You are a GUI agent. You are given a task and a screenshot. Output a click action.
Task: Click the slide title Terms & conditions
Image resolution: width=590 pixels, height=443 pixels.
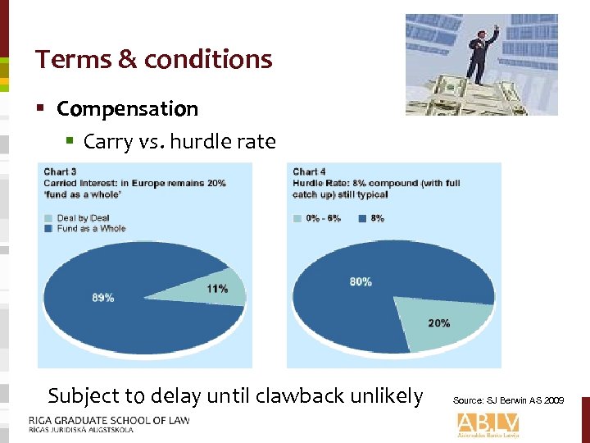153,59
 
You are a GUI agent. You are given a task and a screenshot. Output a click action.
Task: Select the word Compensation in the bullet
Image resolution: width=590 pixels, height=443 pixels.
127,109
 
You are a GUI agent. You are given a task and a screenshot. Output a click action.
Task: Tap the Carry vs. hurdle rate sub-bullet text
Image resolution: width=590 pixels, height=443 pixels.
179,142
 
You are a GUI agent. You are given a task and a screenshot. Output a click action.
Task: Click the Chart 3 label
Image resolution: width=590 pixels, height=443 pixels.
60,171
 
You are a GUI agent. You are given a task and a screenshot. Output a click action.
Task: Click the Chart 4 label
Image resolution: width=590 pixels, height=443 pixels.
309,171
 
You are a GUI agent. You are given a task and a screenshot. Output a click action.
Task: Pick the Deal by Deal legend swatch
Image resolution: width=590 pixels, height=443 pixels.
50,217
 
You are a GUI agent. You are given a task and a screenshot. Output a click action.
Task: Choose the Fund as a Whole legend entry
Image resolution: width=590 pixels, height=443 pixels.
91,228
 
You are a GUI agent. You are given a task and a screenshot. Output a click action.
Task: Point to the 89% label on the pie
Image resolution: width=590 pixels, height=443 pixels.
102,298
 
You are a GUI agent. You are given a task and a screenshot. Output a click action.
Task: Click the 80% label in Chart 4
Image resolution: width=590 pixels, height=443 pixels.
361,281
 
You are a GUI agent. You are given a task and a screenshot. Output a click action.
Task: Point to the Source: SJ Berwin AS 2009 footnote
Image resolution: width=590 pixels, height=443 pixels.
508,400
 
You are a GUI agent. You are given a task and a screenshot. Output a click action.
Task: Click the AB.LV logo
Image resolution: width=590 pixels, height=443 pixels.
488,422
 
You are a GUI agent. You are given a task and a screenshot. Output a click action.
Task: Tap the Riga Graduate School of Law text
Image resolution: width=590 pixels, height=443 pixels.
108,420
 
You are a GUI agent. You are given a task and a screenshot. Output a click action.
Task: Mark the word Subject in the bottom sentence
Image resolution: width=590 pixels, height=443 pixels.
80,396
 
